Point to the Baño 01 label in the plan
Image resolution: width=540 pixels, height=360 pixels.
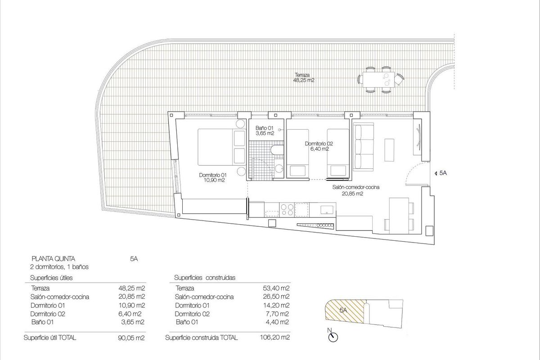264,130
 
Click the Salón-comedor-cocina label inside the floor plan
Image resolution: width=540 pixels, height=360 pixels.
354,190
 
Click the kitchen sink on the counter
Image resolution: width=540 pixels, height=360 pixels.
326,209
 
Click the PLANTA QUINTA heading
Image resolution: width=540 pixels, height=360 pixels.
53,258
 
